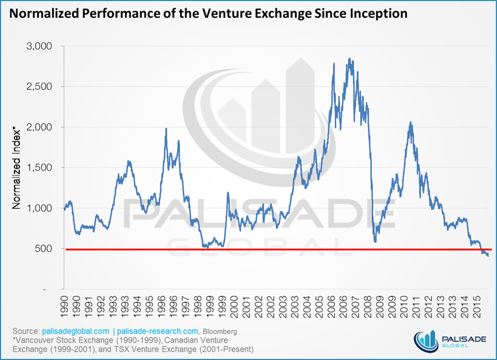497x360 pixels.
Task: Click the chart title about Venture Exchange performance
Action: (209, 13)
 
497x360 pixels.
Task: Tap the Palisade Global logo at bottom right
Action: (448, 338)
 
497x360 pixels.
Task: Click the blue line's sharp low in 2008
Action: (375, 241)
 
